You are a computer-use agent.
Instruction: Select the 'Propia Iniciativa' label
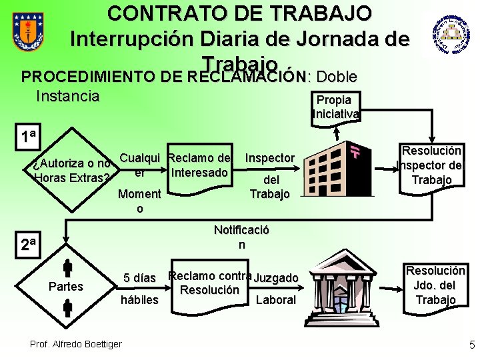pos(335,107)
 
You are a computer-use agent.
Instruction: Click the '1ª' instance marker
pos(28,137)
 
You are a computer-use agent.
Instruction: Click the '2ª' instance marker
pos(28,243)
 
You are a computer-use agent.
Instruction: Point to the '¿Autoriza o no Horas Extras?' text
pos(71,171)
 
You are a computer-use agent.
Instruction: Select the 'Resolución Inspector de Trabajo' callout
pos(430,165)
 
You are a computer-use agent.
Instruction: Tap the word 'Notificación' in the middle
pos(241,237)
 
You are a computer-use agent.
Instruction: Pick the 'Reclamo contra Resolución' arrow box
pos(210,283)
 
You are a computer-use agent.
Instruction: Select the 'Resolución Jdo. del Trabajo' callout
pos(435,285)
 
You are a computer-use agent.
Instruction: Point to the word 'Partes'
pos(66,287)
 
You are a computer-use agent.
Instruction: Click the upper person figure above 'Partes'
pos(67,268)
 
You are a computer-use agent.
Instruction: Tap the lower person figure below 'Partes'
pos(67,307)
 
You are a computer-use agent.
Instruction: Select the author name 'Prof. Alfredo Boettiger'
pos(75,343)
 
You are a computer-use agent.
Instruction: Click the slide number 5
pos(472,345)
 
